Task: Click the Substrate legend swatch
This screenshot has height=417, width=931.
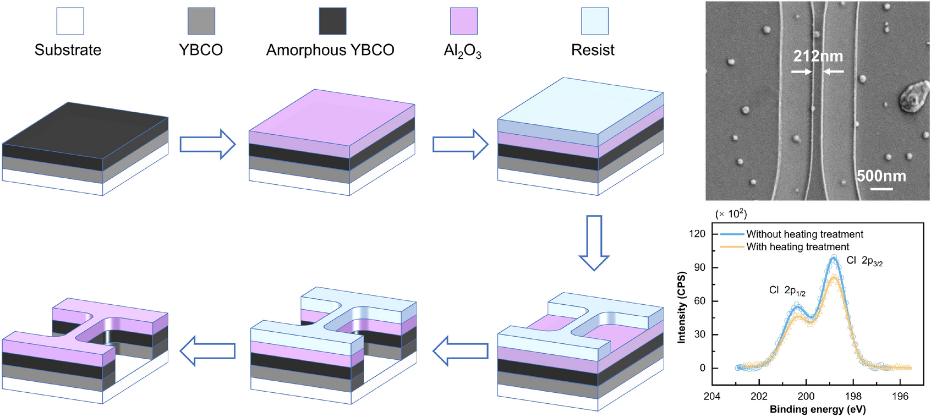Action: [x=70, y=21]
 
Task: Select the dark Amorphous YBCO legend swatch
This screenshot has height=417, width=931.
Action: [x=333, y=21]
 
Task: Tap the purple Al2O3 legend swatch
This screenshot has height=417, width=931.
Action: [x=464, y=21]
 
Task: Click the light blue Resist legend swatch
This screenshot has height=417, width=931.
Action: [x=595, y=21]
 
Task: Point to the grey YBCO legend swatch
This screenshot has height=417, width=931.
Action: [x=201, y=21]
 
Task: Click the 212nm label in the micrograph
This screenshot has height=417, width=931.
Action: [x=818, y=56]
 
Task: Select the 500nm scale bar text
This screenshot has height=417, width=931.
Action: [x=881, y=176]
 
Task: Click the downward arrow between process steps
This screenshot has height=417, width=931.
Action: [x=594, y=243]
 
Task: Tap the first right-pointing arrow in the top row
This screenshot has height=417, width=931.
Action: [x=208, y=145]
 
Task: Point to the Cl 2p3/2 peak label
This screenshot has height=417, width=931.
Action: [x=864, y=261]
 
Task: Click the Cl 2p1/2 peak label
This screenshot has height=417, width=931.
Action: [x=787, y=290]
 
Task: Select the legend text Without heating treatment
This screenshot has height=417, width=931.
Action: [x=804, y=234]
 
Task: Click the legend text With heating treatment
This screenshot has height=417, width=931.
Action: [x=797, y=247]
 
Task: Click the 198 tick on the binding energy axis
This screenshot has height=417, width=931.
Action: [x=853, y=396]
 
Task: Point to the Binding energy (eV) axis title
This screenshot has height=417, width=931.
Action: [x=818, y=409]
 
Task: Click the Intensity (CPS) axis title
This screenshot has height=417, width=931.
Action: [x=682, y=307]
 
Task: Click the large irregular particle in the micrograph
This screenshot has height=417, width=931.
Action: [x=911, y=99]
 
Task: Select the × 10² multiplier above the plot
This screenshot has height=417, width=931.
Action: [x=731, y=213]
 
